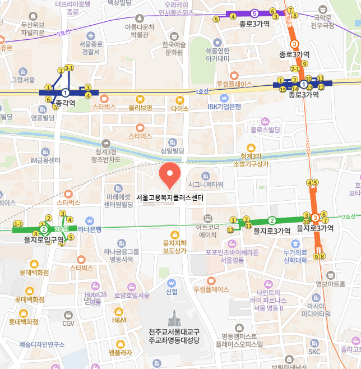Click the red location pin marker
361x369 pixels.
tap(170, 175)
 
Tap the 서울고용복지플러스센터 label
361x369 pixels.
tap(169, 198)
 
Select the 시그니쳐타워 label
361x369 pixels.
tap(206, 184)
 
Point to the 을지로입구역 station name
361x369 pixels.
tap(44, 240)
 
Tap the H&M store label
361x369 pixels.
tap(119, 320)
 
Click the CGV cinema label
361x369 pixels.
tap(68, 324)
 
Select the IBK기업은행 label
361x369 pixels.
tap(224, 107)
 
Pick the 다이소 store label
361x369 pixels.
tap(180, 108)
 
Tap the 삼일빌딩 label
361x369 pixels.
tap(172, 151)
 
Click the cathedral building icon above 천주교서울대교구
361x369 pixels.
tap(174, 319)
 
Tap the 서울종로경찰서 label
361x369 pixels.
tap(90, 48)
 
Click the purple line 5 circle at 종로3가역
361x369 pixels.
tap(254, 13)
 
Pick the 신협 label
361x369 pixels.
tap(172, 292)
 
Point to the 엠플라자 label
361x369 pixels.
tap(120, 352)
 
